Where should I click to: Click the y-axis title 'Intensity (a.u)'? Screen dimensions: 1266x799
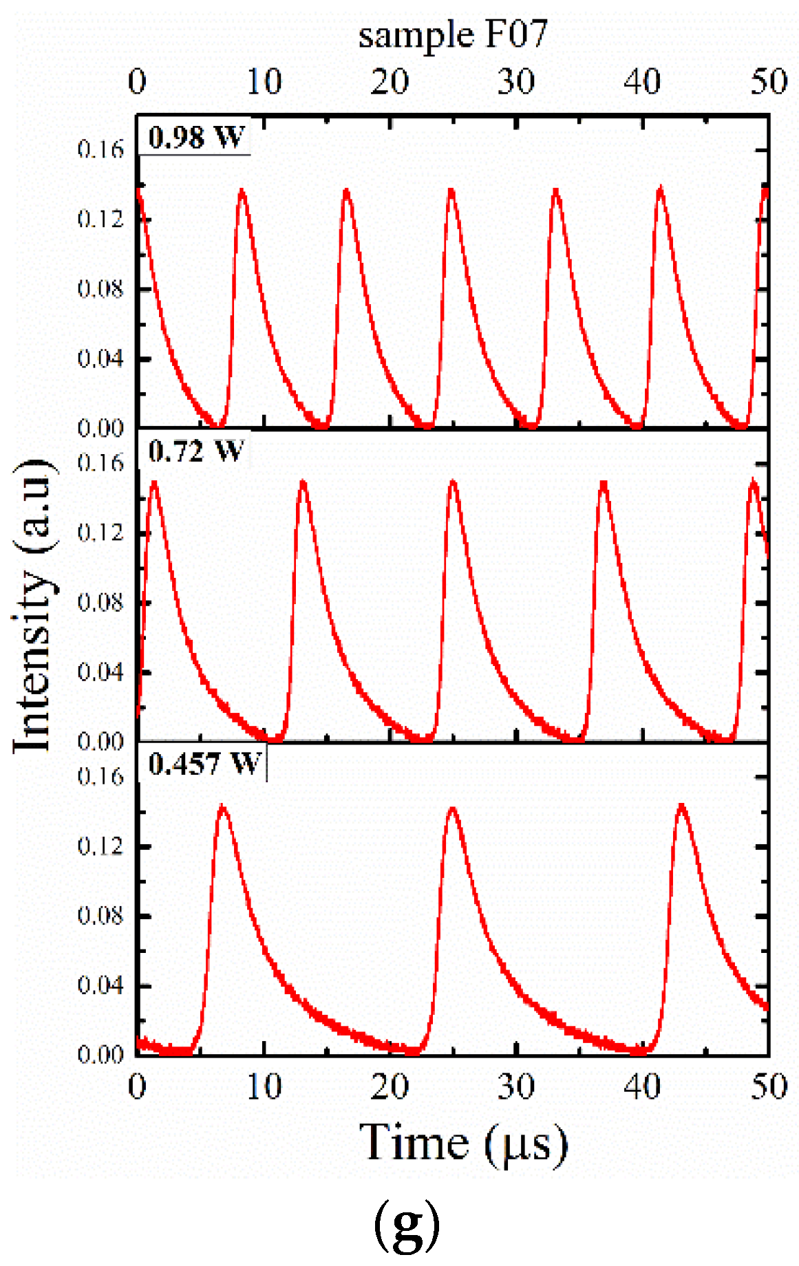click(x=33, y=605)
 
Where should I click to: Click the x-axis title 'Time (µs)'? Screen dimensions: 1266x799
click(x=463, y=1143)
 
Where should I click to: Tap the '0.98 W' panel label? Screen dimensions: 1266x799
click(x=196, y=137)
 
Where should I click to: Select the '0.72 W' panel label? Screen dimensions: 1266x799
click(x=195, y=451)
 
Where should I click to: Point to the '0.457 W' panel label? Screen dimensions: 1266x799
click(x=204, y=764)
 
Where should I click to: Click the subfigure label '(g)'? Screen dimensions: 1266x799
click(x=406, y=1222)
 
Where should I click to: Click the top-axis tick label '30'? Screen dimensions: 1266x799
click(x=516, y=83)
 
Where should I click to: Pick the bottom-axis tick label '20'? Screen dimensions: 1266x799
click(x=390, y=1087)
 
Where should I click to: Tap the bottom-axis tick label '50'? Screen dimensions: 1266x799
click(x=768, y=1087)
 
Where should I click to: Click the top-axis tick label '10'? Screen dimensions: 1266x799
click(x=264, y=83)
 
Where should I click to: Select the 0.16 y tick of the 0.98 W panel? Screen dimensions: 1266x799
click(x=100, y=150)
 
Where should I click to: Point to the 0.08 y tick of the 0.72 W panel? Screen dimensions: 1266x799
click(x=100, y=602)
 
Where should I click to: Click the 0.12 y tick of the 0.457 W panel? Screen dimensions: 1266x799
click(x=100, y=846)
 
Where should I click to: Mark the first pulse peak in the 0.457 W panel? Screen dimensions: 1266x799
click(x=222, y=806)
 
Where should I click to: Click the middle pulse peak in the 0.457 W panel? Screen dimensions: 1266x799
click(x=452, y=809)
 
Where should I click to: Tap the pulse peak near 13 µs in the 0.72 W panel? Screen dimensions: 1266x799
click(x=302, y=482)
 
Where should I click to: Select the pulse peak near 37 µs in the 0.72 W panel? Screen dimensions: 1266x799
click(x=604, y=483)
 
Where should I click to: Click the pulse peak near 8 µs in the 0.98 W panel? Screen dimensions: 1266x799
click(x=242, y=191)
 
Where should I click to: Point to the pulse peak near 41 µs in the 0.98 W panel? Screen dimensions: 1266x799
click(x=661, y=188)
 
